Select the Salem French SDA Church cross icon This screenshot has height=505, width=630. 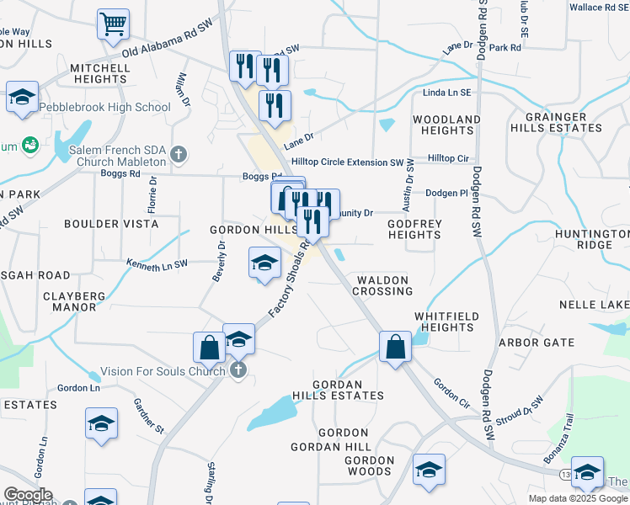178,154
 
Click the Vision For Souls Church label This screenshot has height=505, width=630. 163,370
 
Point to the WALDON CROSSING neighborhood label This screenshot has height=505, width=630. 382,285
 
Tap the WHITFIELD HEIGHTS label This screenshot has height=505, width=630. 445,322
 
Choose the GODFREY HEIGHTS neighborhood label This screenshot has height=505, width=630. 414,229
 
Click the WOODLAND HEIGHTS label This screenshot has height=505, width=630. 447,125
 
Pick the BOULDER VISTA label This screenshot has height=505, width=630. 111,225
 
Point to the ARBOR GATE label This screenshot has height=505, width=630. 537,343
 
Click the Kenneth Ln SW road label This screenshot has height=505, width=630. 157,264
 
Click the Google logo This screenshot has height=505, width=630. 27,495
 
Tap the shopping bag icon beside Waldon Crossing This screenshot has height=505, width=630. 394,346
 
